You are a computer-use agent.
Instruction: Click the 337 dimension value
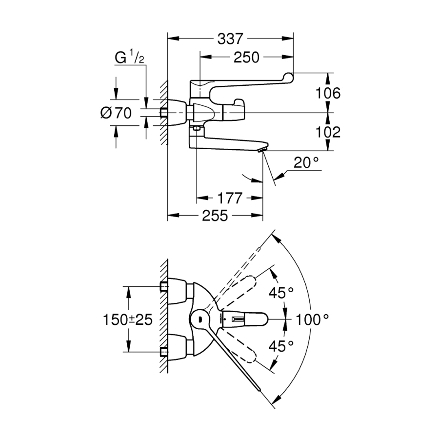(230, 39)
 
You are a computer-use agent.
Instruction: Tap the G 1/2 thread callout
(129, 58)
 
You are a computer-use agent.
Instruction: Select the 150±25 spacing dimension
(128, 319)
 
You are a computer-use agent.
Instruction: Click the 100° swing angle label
(313, 319)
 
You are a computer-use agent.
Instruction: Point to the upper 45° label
(282, 293)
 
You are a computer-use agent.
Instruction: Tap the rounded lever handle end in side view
(288, 76)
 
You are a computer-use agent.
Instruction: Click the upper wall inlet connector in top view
(164, 286)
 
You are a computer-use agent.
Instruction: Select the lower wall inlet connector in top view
(164, 351)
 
